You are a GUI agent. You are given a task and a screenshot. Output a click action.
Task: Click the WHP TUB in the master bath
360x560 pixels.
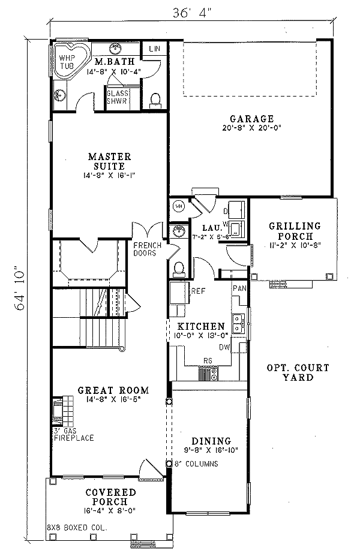[67, 61]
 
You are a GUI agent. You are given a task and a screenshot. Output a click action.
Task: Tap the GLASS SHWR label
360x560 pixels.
[116, 97]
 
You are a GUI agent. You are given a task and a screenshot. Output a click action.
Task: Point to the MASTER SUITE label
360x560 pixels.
[109, 160]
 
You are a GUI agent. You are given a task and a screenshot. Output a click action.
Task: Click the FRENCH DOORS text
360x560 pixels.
[145, 249]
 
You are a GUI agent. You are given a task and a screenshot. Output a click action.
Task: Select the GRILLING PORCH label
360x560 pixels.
[295, 231]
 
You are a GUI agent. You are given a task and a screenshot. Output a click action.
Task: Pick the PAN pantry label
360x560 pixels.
[239, 288]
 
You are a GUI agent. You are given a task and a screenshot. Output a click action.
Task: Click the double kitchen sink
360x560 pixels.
[239, 323]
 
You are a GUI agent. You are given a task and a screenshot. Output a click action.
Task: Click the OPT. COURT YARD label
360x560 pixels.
[298, 372]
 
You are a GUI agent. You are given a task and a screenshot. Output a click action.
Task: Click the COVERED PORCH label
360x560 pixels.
[110, 496]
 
